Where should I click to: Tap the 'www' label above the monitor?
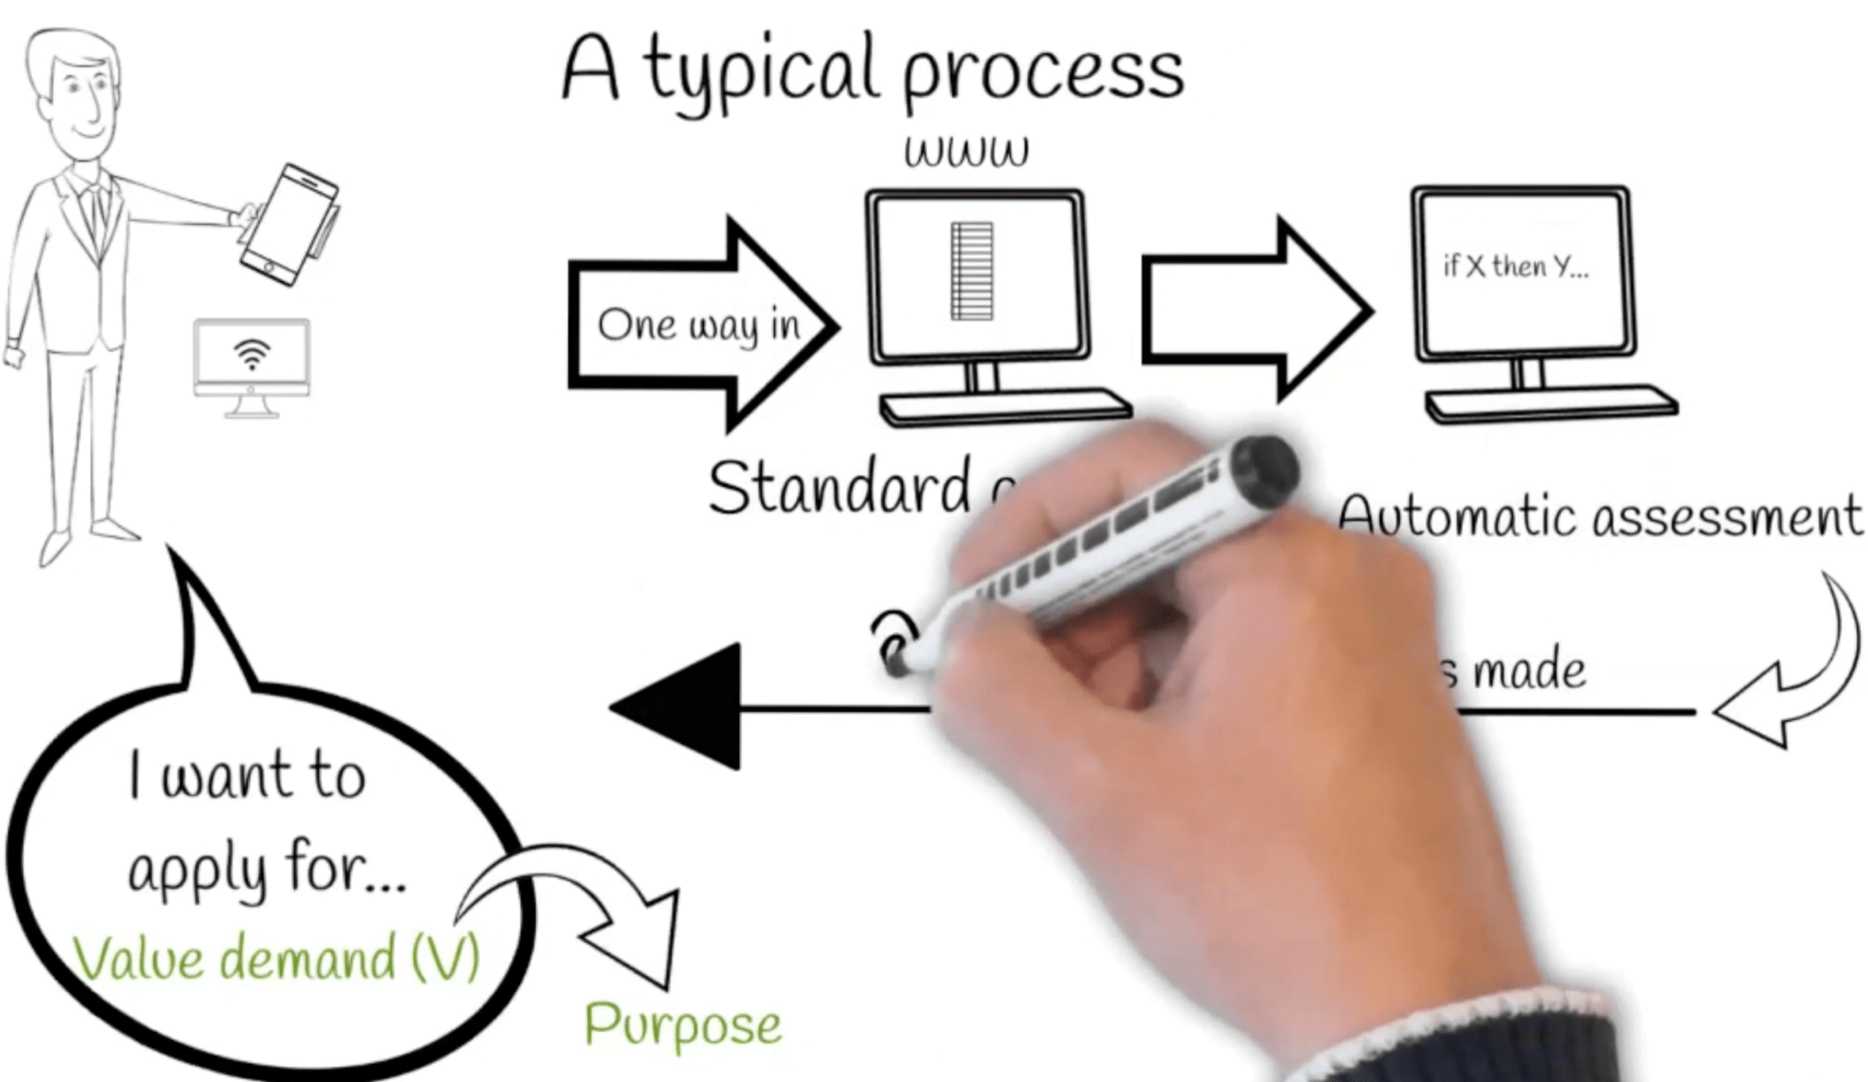point(966,151)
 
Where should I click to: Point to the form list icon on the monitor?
point(971,271)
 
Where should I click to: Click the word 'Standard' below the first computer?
point(839,489)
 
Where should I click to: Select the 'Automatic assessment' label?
point(1600,517)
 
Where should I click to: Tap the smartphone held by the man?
point(289,224)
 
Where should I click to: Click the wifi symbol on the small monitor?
point(251,353)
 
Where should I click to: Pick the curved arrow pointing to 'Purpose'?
point(577,906)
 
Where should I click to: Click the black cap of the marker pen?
point(1264,468)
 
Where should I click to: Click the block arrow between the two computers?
point(1256,310)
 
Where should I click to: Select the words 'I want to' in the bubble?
point(247,774)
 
